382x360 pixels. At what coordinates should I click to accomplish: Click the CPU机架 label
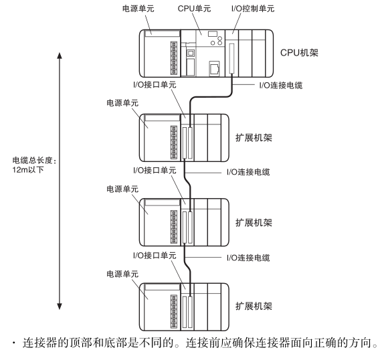pos(299,53)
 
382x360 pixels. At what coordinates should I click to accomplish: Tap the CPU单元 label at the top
pos(194,9)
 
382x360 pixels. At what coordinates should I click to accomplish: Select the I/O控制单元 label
pos(253,9)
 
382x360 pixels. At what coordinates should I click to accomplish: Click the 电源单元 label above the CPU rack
pos(138,9)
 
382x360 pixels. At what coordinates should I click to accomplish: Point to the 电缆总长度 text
pos(32,161)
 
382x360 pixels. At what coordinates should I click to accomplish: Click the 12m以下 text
pos(28,169)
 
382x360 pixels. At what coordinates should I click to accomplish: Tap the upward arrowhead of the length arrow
pos(60,56)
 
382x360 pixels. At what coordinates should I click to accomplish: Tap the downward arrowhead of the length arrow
pos(60,306)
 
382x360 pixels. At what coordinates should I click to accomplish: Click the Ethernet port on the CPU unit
pos(214,68)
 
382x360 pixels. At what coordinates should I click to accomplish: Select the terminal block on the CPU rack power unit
pos(174,58)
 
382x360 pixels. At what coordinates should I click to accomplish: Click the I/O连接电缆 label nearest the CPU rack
pos(281,85)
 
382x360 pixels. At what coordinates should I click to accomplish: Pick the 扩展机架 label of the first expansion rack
pos(254,138)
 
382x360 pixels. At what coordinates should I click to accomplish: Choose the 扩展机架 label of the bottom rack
pos(254,306)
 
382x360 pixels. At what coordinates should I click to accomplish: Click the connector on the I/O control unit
pos(231,58)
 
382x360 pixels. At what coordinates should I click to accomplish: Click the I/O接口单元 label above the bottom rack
pos(155,255)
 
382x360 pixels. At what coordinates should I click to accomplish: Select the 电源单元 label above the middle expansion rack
pos(122,189)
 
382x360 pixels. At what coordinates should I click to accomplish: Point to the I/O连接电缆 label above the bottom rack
pos(248,258)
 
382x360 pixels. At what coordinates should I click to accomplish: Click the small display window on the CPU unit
pos(213,34)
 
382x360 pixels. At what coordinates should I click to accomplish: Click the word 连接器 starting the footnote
pos(40,343)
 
